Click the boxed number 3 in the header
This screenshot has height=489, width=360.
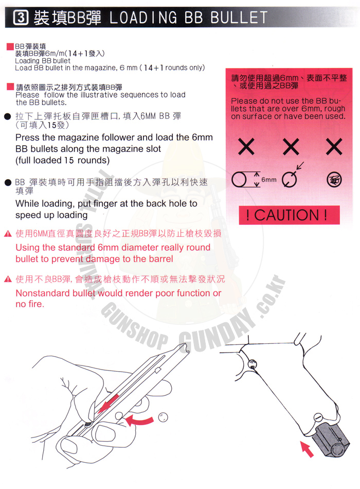point(21,18)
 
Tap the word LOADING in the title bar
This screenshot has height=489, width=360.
point(143,18)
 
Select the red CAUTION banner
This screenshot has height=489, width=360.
point(289,215)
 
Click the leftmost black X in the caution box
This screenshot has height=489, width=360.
point(246,147)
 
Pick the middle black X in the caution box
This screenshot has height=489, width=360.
point(291,147)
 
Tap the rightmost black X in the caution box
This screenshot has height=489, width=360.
point(334,147)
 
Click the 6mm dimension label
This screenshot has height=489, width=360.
point(269,180)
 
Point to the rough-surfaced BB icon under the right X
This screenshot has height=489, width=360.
point(334,180)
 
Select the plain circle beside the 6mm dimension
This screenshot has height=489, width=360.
point(239,180)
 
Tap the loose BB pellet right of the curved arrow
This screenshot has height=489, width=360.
point(163,417)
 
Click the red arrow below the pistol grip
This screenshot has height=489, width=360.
point(307,449)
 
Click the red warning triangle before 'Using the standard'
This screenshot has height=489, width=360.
point(8,234)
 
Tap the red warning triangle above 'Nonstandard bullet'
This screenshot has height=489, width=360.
point(8,279)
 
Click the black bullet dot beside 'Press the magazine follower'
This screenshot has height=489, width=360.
point(8,117)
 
